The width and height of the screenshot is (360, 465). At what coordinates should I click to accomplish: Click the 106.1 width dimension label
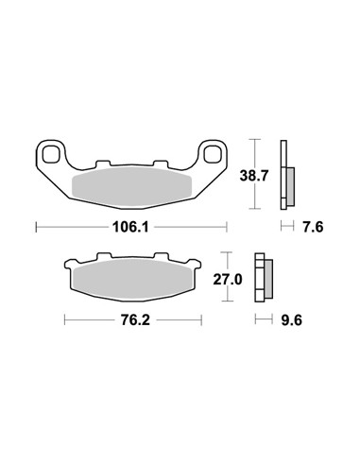[130, 227]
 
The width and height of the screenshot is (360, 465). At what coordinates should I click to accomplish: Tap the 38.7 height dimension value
[254, 176]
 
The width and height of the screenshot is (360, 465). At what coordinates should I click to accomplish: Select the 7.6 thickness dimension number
[313, 227]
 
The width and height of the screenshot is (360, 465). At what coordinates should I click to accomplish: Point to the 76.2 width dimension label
[136, 320]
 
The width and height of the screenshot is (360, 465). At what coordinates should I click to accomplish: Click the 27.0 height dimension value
[228, 280]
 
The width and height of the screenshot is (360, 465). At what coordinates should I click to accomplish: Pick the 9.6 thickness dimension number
[291, 320]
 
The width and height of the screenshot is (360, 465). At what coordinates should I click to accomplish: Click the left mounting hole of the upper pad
[51, 154]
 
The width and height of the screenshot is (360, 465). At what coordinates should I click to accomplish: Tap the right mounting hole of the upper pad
[213, 154]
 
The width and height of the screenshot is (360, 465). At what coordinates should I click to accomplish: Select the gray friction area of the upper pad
[131, 187]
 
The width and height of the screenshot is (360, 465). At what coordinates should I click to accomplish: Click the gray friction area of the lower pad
[132, 280]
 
